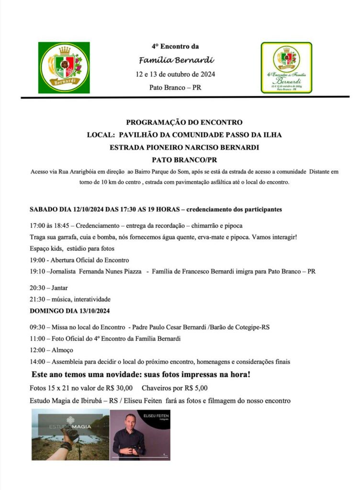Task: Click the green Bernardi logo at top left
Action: [x=64, y=68]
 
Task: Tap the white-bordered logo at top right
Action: [x=286, y=67]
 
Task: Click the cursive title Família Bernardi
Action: [x=176, y=60]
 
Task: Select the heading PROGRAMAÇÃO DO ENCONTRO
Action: [x=184, y=122]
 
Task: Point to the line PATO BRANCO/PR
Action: [x=184, y=160]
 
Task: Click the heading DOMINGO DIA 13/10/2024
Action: [x=70, y=311]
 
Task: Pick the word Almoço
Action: [x=63, y=350]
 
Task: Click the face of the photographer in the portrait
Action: [x=132, y=422]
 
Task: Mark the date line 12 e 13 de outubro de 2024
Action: [x=175, y=74]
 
